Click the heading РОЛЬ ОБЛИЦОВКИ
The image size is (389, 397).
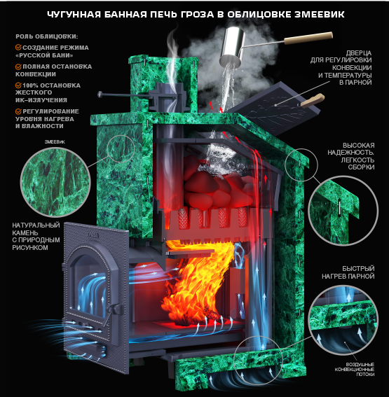coord(47,36)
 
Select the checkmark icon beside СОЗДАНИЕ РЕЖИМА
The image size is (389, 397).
coord(18,48)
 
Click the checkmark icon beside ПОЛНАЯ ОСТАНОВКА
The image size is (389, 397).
coord(18,67)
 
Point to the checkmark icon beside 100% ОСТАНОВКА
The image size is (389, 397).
coord(18,85)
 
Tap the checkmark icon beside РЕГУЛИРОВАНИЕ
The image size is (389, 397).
coord(18,111)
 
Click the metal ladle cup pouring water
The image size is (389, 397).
coord(232,48)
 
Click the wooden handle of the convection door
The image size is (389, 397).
coord(313,100)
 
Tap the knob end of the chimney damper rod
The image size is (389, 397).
coord(100,95)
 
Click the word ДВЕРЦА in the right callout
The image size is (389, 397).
coord(359,53)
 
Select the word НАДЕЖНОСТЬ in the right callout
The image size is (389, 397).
coord(350,153)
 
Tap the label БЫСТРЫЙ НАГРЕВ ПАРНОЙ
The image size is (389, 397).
coord(348,272)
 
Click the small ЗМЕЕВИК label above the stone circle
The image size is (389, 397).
coord(55,141)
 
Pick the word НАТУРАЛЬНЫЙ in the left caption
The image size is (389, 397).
coord(36,225)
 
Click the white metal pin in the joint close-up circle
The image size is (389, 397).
coord(339,208)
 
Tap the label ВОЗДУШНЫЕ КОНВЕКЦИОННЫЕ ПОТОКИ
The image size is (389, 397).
coord(354,370)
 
